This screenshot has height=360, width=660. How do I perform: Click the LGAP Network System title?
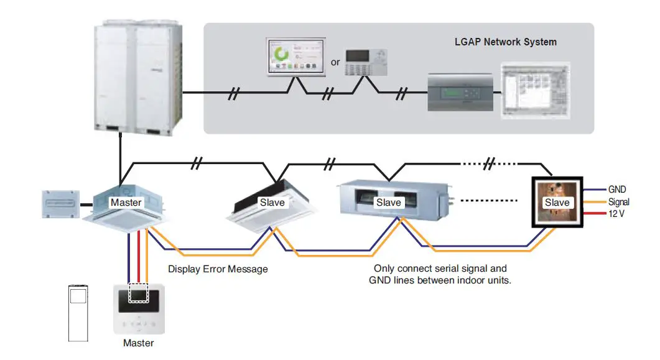[506, 42]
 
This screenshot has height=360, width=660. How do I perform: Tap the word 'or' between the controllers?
[335, 63]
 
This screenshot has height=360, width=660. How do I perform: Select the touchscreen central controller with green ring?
[296, 57]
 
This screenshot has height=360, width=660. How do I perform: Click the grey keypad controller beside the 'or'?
[366, 62]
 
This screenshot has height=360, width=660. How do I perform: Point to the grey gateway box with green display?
[460, 92]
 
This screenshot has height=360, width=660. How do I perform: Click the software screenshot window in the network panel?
[536, 90]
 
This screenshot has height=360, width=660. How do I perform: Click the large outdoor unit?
[138, 78]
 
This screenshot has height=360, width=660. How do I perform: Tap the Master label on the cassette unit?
[126, 203]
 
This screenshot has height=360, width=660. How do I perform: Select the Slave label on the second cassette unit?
[272, 203]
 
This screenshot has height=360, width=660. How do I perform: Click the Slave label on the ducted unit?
[388, 203]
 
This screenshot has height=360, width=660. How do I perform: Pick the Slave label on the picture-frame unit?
[557, 203]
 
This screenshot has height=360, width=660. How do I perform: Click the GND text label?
[617, 190]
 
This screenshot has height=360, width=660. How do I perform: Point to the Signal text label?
[619, 202]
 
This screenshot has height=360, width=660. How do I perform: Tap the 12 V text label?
[616, 214]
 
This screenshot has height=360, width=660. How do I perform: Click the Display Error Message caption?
[218, 269]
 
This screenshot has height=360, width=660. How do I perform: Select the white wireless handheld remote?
[78, 313]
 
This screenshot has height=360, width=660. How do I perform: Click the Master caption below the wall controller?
[139, 343]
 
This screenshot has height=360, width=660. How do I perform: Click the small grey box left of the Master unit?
[60, 205]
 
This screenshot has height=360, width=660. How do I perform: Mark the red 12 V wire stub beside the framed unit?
[594, 214]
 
